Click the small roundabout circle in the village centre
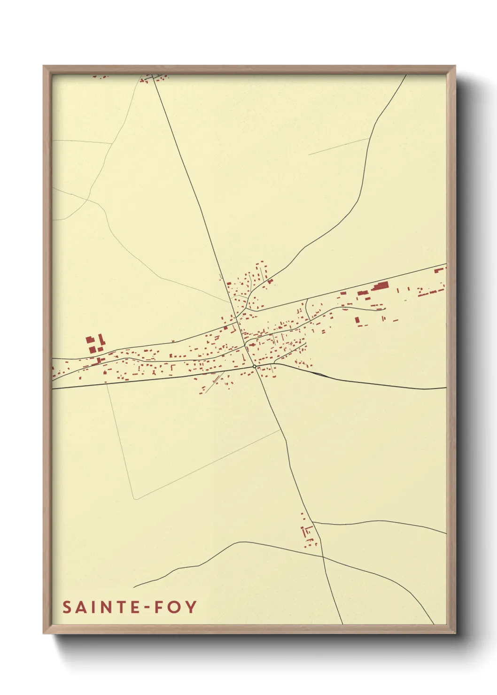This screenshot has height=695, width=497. pos(254,366)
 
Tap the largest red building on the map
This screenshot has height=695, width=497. pos(381,286)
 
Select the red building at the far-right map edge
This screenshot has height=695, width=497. pos(439,270)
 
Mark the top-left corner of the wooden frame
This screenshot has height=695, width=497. pos(44,66)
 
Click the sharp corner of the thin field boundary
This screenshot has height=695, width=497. pos(135,499)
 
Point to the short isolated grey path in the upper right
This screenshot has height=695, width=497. pos(338,147)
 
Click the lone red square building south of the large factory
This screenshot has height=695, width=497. pos(357,320)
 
